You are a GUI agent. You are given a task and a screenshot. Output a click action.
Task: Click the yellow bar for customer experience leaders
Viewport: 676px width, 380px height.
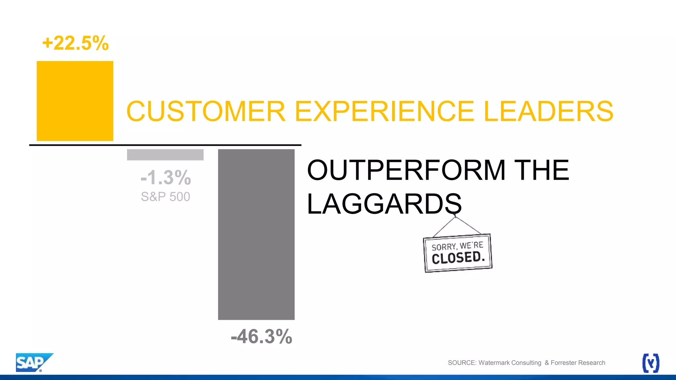click(x=75, y=101)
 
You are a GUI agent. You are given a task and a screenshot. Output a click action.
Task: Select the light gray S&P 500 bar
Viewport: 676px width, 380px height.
click(x=165, y=155)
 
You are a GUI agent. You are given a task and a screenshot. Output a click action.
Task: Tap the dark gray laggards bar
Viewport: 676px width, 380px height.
click(x=256, y=234)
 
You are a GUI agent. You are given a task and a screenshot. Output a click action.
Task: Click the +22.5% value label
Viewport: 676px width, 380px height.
click(x=76, y=43)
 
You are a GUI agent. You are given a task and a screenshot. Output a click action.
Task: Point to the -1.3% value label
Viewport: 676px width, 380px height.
click(x=166, y=177)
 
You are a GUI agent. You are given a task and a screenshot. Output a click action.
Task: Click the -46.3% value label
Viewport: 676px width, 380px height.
click(x=261, y=336)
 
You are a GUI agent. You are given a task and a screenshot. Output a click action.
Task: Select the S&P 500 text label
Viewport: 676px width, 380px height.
click(x=165, y=197)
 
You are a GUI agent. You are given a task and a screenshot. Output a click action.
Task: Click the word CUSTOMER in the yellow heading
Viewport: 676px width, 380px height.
click(x=206, y=111)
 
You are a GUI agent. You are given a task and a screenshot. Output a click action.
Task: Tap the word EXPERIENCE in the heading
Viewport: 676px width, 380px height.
click(x=384, y=111)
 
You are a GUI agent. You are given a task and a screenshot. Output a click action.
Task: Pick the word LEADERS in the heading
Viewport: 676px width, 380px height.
click(x=548, y=111)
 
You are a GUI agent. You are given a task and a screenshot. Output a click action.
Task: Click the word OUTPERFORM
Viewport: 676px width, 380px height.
click(x=406, y=170)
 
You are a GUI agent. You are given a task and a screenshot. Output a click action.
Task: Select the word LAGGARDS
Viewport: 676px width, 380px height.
click(x=384, y=204)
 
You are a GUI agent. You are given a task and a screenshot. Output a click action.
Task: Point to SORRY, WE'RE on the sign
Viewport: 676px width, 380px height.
click(x=457, y=246)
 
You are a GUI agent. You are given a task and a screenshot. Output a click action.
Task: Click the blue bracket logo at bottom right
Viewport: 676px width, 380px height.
click(x=651, y=363)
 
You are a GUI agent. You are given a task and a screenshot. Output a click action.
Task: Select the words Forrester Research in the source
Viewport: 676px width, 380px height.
click(x=578, y=363)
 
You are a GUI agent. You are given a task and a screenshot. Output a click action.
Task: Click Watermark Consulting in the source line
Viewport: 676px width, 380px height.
click(x=510, y=363)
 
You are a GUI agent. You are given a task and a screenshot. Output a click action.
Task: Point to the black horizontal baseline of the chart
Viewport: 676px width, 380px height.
click(x=165, y=145)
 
